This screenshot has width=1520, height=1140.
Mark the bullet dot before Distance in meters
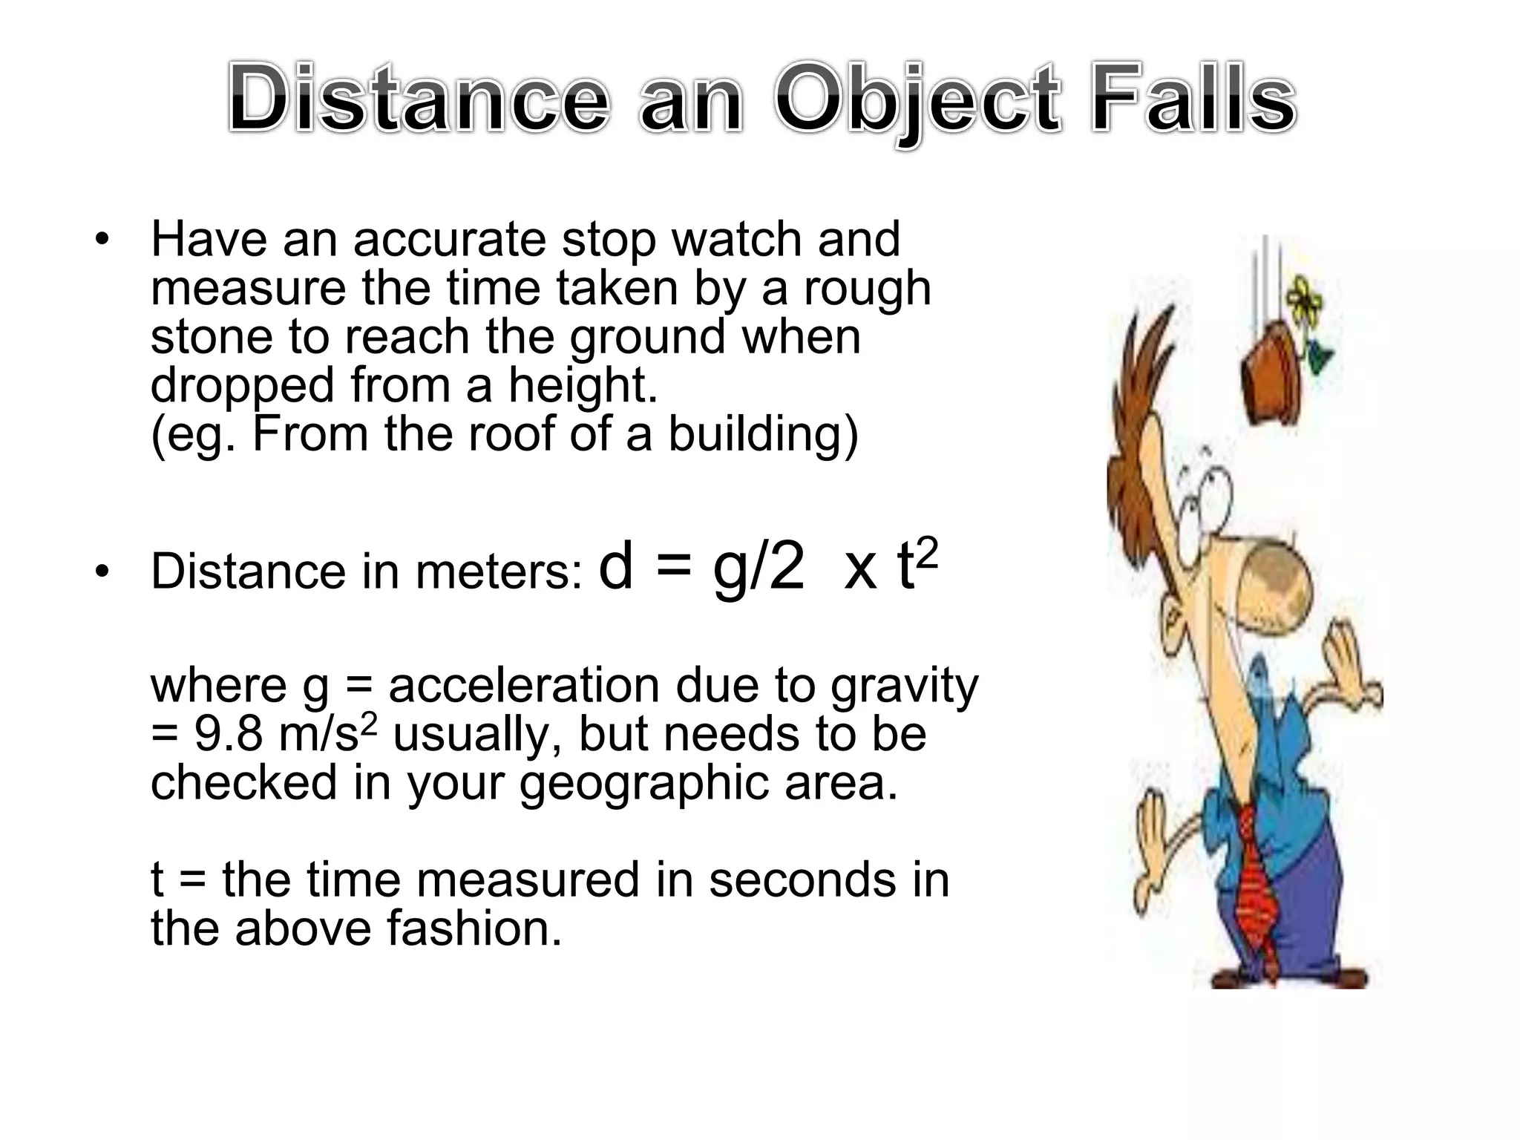coord(102,571)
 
